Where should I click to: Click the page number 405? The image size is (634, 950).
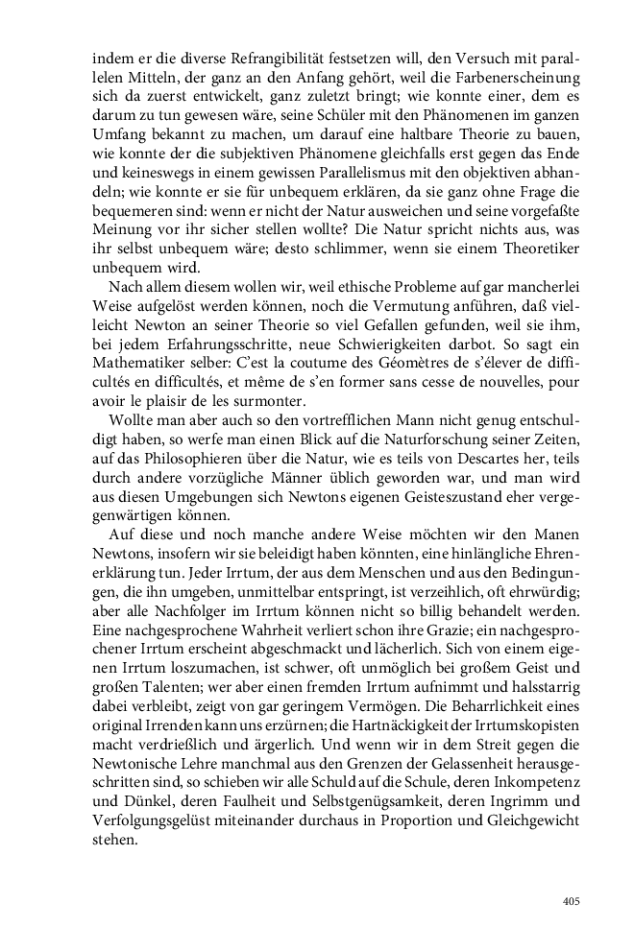571,901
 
